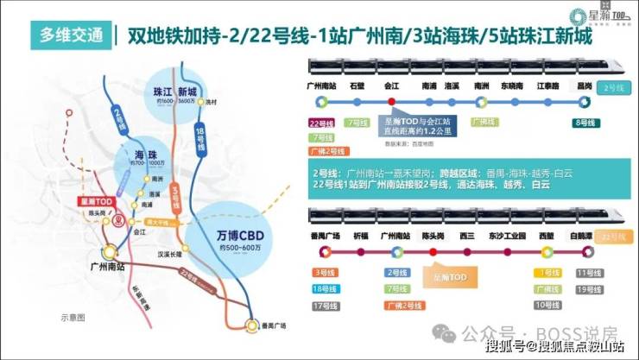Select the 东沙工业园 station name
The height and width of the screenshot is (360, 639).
(x=508, y=235)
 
